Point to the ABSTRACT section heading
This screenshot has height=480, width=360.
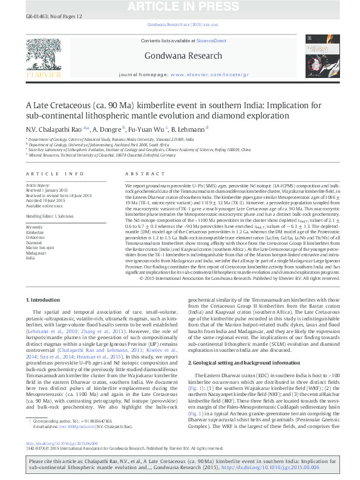[140, 174]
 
